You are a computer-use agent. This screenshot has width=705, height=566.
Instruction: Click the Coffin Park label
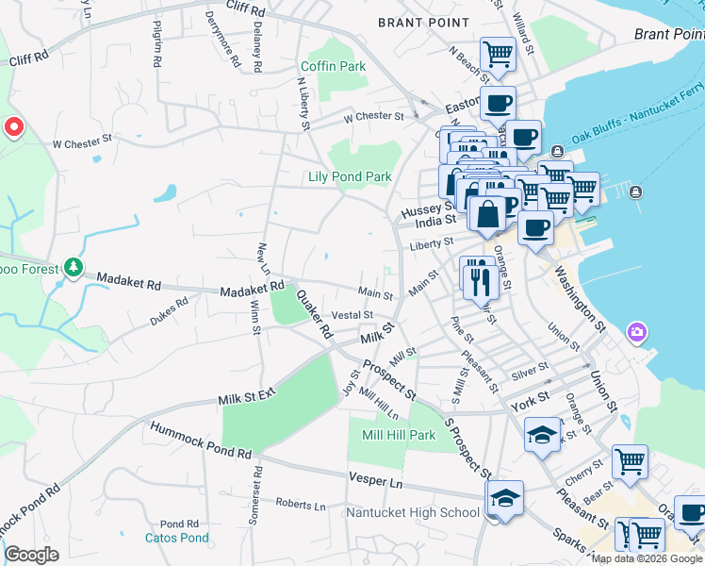point(332,67)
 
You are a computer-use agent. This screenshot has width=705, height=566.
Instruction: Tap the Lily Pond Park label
point(350,176)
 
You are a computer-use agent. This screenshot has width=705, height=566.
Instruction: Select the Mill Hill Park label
point(399,435)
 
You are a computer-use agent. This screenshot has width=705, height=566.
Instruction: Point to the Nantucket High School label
point(412,513)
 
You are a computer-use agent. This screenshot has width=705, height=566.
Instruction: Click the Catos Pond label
point(176,539)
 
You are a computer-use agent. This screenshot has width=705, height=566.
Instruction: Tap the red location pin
point(14,127)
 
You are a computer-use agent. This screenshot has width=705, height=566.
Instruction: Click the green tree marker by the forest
point(74,269)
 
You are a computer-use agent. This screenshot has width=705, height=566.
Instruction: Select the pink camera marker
point(637,332)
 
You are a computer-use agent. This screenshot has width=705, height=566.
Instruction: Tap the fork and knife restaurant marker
point(479,276)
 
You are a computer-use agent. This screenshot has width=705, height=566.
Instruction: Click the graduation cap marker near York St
point(541,436)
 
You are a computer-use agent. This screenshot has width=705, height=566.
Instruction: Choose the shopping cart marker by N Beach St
point(498,54)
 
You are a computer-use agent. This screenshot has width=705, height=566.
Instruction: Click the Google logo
point(31,555)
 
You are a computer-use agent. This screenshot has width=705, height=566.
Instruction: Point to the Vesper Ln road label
point(375,481)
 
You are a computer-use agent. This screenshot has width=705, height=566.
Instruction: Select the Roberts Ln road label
point(300,504)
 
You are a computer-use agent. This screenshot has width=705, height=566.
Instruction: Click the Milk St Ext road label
point(246,398)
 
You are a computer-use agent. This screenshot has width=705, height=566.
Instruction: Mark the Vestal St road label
point(353,314)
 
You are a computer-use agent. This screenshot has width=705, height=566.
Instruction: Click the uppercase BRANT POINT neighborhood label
point(422,22)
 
